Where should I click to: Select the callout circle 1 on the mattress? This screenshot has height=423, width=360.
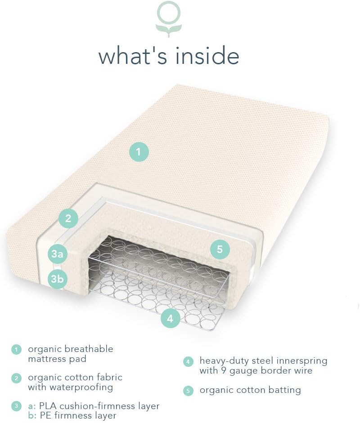(x=139, y=151)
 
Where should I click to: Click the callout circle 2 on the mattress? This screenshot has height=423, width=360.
(x=68, y=218)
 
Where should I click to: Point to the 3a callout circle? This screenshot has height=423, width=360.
(x=57, y=254)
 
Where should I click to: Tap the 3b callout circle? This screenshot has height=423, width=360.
(x=57, y=279)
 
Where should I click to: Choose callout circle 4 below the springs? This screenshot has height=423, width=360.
(x=170, y=319)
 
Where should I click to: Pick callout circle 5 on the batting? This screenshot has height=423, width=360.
(x=220, y=249)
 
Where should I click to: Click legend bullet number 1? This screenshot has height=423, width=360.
(x=17, y=349)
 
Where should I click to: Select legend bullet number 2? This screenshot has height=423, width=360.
(x=17, y=378)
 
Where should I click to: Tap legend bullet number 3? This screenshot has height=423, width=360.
(x=17, y=406)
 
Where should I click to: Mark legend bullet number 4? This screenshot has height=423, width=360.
(x=188, y=361)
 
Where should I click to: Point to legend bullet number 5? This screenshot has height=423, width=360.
(x=188, y=390)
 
